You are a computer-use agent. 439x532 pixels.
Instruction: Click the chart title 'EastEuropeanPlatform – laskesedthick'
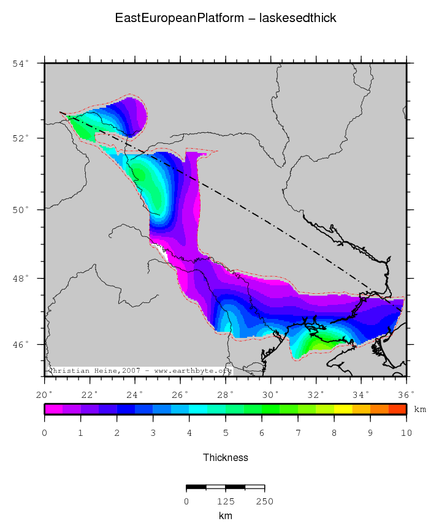click(226, 18)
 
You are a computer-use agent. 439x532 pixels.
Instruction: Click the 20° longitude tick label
click(44, 394)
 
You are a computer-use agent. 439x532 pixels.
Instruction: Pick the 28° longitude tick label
click(225, 394)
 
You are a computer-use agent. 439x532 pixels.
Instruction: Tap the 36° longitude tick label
click(407, 394)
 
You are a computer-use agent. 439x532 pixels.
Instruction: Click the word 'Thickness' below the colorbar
click(226, 457)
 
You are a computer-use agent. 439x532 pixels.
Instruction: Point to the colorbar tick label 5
click(226, 433)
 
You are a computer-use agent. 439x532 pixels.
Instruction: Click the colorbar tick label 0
click(44, 433)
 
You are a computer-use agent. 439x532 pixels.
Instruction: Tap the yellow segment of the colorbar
click(343, 409)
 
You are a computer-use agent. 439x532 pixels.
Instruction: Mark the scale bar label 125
click(226, 501)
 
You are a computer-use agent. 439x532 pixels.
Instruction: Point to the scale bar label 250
click(264, 501)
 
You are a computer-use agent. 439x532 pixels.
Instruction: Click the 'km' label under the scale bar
click(226, 516)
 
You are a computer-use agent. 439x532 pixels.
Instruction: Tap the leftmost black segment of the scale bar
click(196, 487)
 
